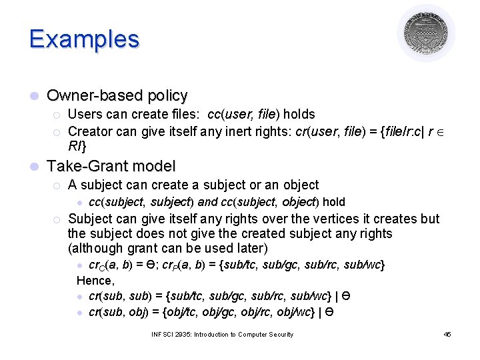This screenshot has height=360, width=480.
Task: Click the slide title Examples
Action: [x=84, y=39]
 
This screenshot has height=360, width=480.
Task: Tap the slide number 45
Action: [x=447, y=334]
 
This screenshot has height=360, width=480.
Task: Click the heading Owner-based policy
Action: [x=117, y=95]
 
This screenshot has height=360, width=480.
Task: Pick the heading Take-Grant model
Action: [x=111, y=166]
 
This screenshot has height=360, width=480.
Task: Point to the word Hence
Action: [x=95, y=281]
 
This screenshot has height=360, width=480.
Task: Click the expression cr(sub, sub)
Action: [x=121, y=296]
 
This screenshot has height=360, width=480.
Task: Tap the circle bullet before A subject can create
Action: [x=58, y=185]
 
